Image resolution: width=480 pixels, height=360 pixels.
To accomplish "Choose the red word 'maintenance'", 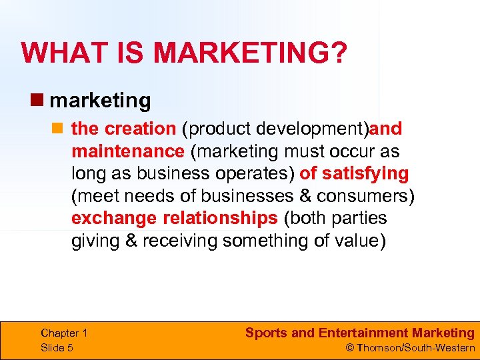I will point(127,151).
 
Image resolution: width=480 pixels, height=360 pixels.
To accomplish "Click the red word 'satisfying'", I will point(365,173).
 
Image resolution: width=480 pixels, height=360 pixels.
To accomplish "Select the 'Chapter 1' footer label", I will point(64,333).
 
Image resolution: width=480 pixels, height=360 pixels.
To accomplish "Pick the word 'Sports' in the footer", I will point(266,333).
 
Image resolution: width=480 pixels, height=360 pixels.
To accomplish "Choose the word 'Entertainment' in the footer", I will point(362,333).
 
